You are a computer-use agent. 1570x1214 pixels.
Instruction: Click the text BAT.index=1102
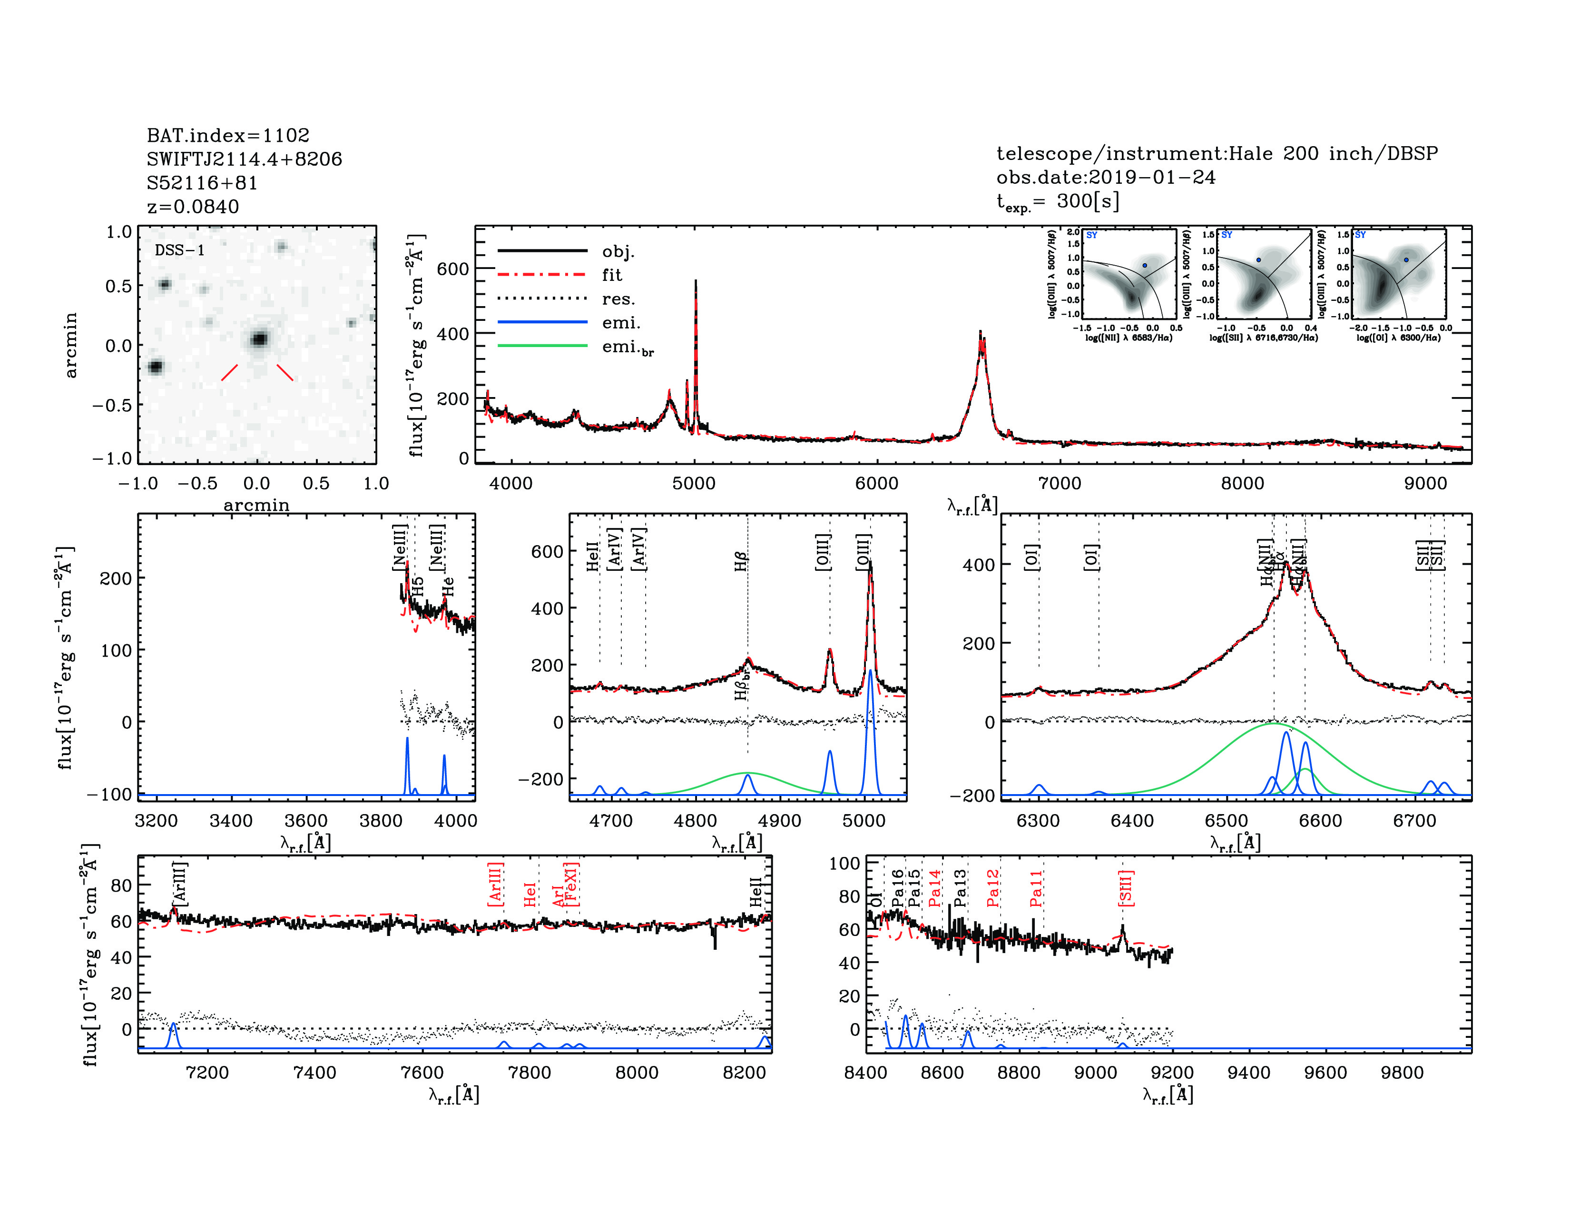[x=228, y=135]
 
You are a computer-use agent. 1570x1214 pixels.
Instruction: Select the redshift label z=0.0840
[x=193, y=207]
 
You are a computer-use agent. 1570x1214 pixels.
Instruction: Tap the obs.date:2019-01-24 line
[x=1106, y=177]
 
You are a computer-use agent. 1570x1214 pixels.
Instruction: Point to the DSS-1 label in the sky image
[x=180, y=250]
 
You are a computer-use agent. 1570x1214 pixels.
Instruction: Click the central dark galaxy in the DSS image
[x=259, y=339]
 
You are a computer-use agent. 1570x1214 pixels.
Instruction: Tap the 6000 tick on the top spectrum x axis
[x=876, y=483]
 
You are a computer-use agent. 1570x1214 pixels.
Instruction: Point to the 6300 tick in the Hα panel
[x=1038, y=821]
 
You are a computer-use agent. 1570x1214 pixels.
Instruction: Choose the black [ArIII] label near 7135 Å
[x=180, y=883]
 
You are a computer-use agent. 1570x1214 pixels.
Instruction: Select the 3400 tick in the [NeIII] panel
[x=231, y=821]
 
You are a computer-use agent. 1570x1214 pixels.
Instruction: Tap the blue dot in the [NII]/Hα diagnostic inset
[x=1144, y=265]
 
